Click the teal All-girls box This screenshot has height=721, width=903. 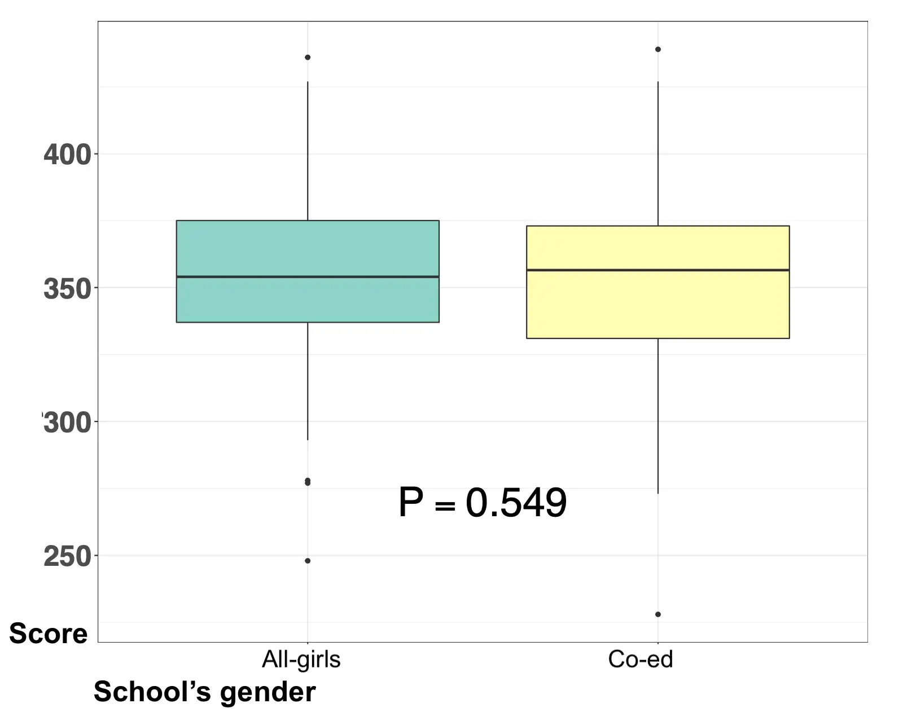[x=308, y=248]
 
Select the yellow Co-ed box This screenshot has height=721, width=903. [x=657, y=305]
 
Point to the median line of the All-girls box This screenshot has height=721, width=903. [x=308, y=276]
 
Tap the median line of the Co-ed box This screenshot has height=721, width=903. [x=657, y=270]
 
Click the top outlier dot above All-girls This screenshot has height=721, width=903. [x=308, y=58]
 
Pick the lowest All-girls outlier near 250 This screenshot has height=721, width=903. [x=308, y=561]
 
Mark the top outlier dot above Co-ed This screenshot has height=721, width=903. [x=658, y=50]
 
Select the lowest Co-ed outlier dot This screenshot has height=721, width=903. [x=658, y=614]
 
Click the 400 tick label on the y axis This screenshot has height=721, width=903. [x=67, y=155]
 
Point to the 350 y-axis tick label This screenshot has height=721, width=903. [x=67, y=289]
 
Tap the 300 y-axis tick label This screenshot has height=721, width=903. [x=67, y=423]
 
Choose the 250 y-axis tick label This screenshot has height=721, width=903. [x=67, y=557]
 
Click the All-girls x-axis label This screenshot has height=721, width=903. [x=301, y=659]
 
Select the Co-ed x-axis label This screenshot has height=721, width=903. [x=641, y=659]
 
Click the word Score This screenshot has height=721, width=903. [x=49, y=634]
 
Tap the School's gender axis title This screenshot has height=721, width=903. [x=204, y=692]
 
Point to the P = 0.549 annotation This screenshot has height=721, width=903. [x=483, y=503]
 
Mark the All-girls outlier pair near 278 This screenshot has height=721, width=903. [x=308, y=482]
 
